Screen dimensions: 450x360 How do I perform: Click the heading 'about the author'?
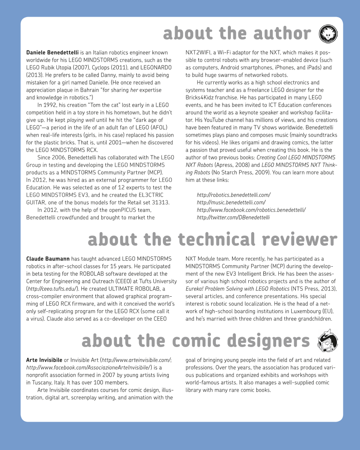[x=237, y=34]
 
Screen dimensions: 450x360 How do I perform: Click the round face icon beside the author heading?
[x=327, y=34]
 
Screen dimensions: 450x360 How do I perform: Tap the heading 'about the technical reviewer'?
[x=212, y=240]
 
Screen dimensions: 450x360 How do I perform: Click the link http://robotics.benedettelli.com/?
[x=233, y=195]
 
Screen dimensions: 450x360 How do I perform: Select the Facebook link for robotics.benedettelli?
[x=251, y=210]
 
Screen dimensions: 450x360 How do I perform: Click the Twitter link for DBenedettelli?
[x=233, y=217]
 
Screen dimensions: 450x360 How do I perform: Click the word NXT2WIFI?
[x=198, y=53]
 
